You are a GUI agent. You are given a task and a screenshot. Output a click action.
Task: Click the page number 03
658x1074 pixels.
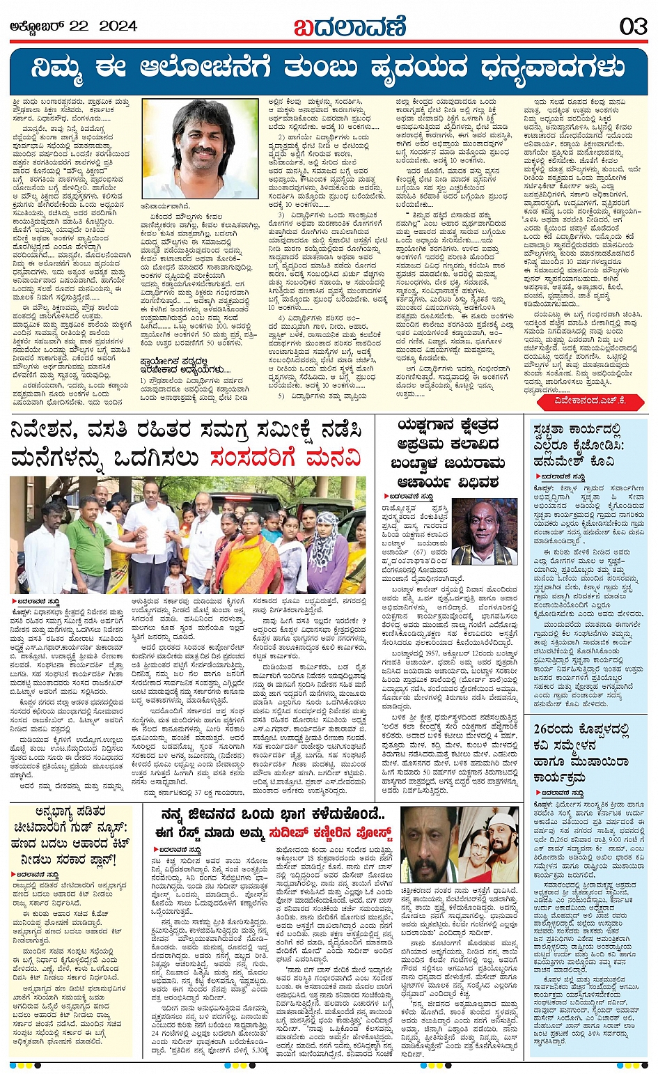point(633,27)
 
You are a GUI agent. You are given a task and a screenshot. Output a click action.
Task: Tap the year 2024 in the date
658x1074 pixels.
point(118,26)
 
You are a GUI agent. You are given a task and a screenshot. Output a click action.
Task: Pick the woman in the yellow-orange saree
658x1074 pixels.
point(248,550)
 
